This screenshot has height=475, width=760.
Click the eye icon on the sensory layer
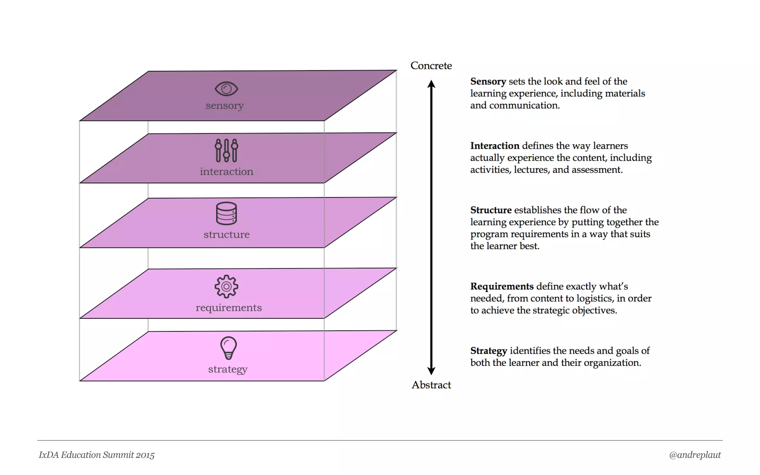click(x=226, y=89)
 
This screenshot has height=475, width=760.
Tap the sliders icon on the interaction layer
click(x=226, y=150)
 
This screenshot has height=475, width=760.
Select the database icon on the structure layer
click(x=226, y=213)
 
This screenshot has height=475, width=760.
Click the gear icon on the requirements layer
click(x=226, y=286)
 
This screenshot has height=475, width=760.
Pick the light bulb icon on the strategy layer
click(x=228, y=348)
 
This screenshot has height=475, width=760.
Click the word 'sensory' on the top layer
click(x=225, y=106)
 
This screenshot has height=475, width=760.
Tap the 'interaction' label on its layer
click(x=226, y=171)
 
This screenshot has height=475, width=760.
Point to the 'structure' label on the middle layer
click(x=226, y=235)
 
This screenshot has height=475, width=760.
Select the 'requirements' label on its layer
click(x=229, y=308)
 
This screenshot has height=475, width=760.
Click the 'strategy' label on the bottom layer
click(x=227, y=369)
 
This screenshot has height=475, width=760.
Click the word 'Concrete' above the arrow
click(x=431, y=66)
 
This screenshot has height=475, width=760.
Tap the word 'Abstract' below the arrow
click(x=431, y=385)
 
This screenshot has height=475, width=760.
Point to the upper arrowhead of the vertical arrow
click(x=431, y=84)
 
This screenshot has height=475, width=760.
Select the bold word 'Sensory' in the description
click(x=488, y=81)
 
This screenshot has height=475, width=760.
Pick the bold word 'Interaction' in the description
click(x=495, y=145)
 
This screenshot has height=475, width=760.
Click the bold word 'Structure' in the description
click(x=491, y=210)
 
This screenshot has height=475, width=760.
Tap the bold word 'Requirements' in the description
click(x=502, y=286)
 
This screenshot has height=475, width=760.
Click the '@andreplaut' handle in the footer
click(x=695, y=455)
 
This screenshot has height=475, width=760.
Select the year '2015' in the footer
click(x=145, y=455)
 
